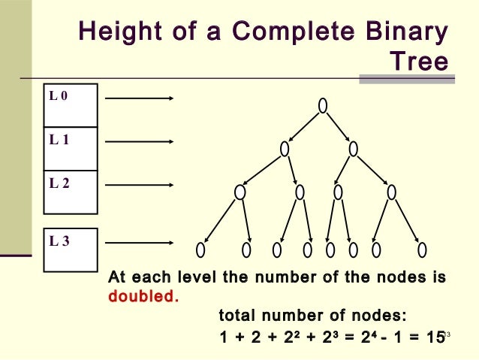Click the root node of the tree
tap(322, 106)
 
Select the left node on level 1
tap(285, 149)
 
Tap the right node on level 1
tap(353, 149)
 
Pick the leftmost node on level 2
tap(239, 192)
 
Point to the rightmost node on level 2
tap(391, 192)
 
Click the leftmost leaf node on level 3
tap(200, 249)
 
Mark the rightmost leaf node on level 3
tap(422, 249)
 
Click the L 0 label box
tap(71, 105)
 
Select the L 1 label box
tap(71, 149)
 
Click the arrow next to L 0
tap(140, 98)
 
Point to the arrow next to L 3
tap(140, 243)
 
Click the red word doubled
tap(143, 295)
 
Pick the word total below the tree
tap(237, 314)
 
